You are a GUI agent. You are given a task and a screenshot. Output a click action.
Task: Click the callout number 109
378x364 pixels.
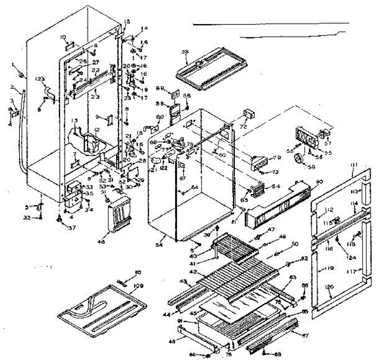[138, 286]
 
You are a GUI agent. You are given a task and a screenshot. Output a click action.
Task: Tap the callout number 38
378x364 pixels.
[185, 53]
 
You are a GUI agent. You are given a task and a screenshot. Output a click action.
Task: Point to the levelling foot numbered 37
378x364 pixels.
[59, 218]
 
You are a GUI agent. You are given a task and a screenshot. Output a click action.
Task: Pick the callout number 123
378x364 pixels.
[40, 78]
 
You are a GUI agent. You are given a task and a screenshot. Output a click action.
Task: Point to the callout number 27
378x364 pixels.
[95, 62]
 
